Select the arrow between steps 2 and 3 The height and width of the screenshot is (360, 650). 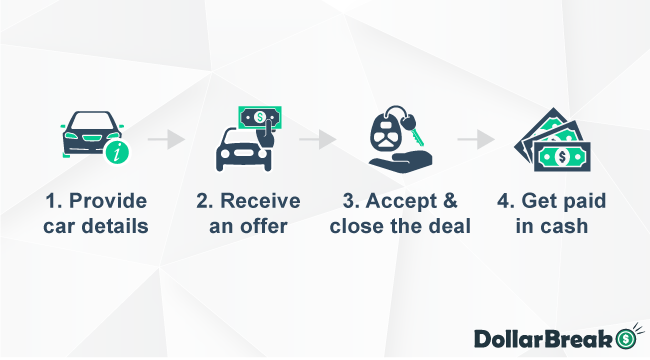click(317, 139)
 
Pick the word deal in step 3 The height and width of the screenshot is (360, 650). click(451, 225)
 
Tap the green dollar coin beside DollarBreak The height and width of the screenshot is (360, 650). click(627, 337)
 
